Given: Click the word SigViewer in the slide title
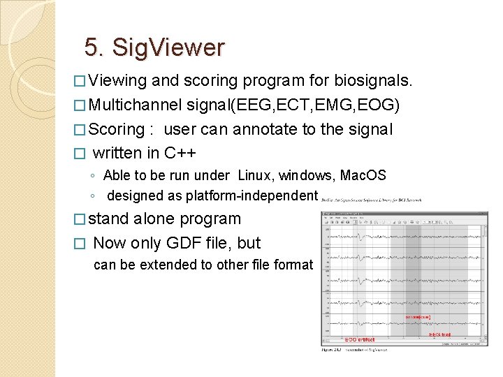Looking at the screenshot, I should (x=168, y=48).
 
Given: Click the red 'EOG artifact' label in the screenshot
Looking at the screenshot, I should (x=360, y=340).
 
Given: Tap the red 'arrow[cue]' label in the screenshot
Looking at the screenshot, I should (x=418, y=318).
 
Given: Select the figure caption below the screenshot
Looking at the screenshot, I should (x=353, y=349).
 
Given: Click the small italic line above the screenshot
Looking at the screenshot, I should (x=371, y=200).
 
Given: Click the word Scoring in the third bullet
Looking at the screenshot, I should (x=117, y=130).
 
